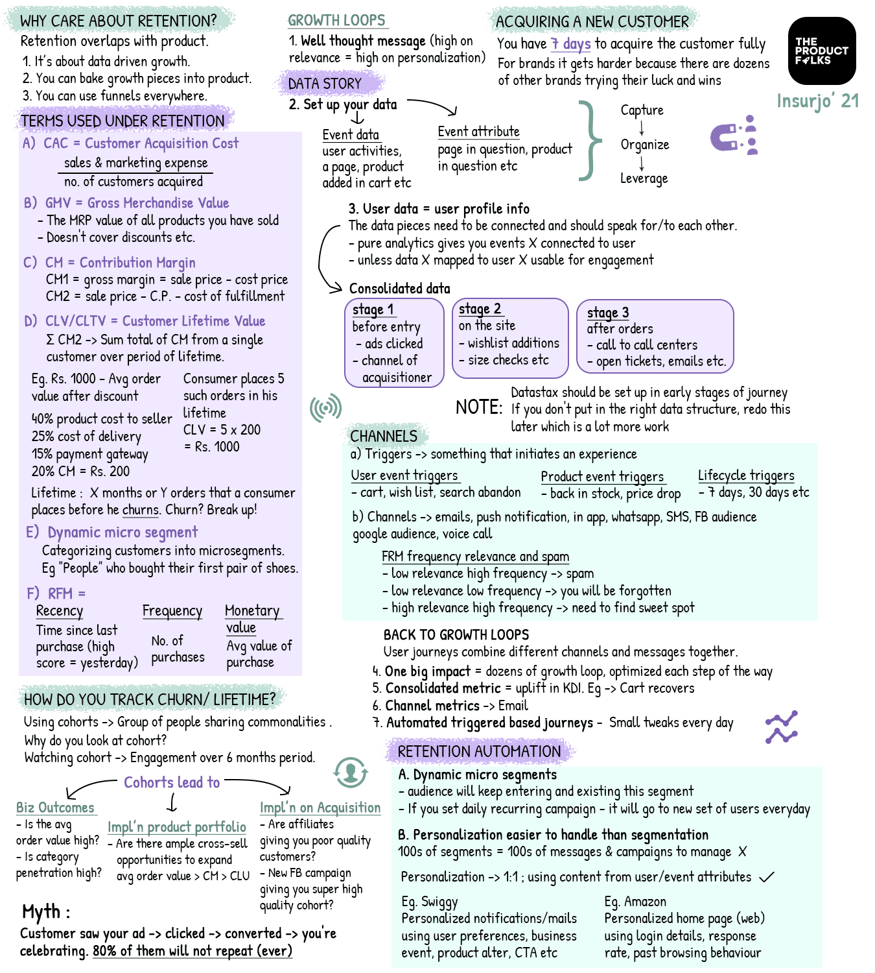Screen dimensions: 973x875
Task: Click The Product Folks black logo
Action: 821,51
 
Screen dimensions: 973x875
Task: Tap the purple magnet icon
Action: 733,136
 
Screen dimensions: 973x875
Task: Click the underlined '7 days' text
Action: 570,44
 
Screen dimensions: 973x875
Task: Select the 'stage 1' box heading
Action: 373,310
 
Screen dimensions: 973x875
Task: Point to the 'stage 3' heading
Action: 607,313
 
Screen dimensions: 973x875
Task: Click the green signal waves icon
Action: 325,407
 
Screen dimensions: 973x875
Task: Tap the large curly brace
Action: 589,139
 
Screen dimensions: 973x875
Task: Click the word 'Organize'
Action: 644,145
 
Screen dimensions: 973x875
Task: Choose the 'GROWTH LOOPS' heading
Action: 336,21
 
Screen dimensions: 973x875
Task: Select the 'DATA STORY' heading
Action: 325,84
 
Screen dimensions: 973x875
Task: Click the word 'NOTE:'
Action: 478,407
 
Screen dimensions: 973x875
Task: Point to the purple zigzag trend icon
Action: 781,727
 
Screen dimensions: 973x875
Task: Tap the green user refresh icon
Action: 351,772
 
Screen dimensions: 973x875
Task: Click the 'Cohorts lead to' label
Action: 172,782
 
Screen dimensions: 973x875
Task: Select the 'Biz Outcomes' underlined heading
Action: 56,808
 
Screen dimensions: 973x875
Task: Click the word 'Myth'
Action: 41,912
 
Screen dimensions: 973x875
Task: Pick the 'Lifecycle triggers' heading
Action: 745,475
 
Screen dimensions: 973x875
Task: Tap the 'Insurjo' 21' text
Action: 817,101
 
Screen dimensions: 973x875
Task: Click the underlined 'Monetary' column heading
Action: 251,610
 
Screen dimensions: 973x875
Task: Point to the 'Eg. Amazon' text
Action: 635,902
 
